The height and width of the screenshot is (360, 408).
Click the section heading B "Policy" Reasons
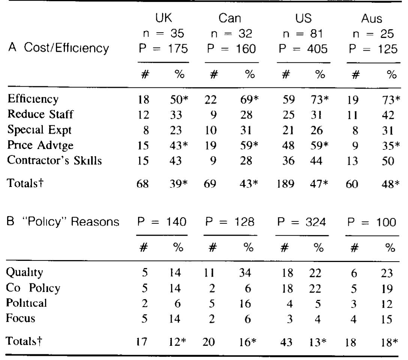pos(61,223)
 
